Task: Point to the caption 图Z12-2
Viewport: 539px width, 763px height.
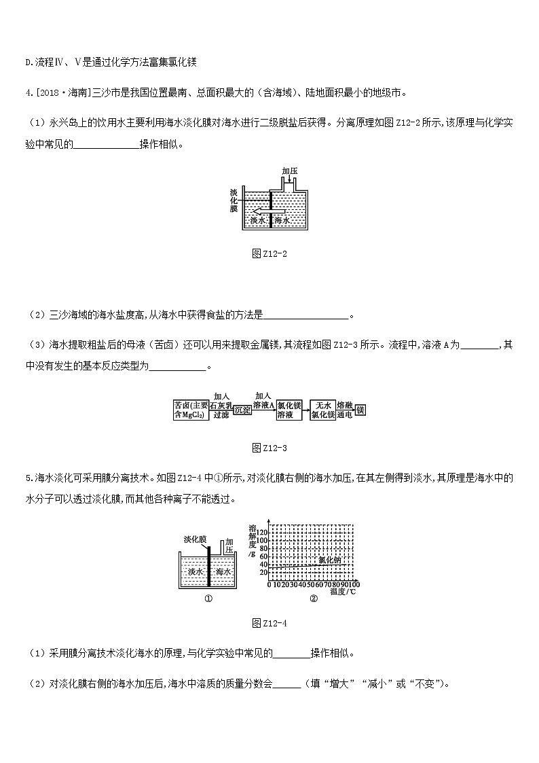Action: (x=269, y=253)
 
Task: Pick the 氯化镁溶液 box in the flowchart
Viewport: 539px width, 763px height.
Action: (x=289, y=410)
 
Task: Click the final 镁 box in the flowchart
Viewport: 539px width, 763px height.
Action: (x=360, y=410)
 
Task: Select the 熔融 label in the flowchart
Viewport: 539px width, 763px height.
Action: (x=345, y=404)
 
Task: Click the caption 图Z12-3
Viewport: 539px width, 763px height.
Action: (x=269, y=448)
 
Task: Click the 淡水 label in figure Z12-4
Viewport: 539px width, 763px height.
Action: (x=196, y=572)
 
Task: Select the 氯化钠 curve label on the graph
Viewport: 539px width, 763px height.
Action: (x=330, y=559)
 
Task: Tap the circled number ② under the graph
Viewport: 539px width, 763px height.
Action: (x=313, y=599)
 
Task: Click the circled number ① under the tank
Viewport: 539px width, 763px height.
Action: (x=208, y=599)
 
